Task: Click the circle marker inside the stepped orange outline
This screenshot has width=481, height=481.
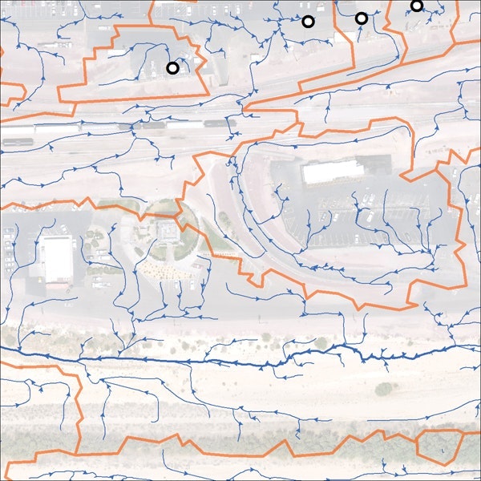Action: tap(172, 68)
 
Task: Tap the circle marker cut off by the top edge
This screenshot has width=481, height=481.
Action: tap(416, 6)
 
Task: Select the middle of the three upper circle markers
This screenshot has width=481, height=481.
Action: tap(361, 18)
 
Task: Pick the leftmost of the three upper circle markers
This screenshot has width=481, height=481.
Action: tap(308, 22)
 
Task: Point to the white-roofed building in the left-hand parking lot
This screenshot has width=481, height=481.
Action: tap(56, 259)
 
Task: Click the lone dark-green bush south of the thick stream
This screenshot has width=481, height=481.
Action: tap(385, 389)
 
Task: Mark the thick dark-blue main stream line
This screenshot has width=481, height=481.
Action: tap(240, 362)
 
